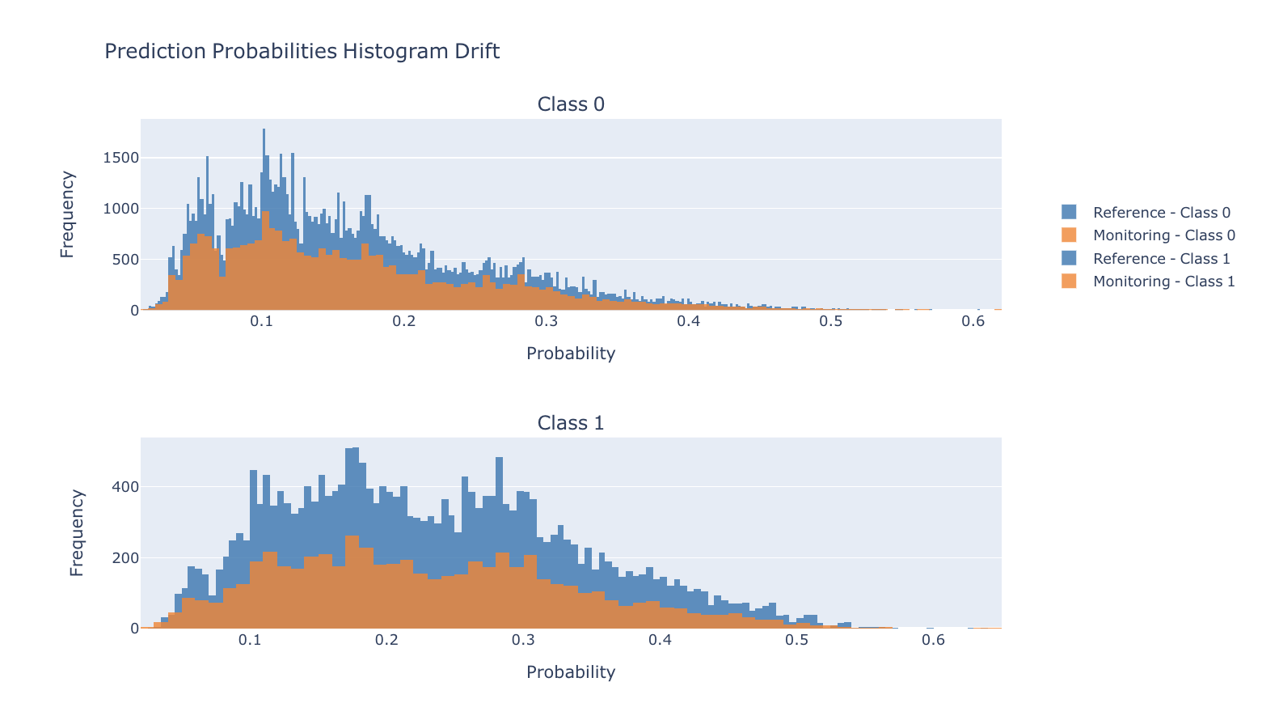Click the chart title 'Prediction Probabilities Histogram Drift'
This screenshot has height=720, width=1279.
pyautogui.click(x=302, y=52)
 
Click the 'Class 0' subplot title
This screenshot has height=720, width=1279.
pyautogui.click(x=571, y=104)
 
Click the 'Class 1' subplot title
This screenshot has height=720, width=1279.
pyautogui.click(x=571, y=423)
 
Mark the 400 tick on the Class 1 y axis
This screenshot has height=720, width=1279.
pyautogui.click(x=125, y=487)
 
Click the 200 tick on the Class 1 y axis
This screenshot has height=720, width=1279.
pyautogui.click(x=125, y=558)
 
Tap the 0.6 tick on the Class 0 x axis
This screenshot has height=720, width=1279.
pyautogui.click(x=973, y=321)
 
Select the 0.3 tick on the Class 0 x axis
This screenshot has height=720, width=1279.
pyautogui.click(x=547, y=321)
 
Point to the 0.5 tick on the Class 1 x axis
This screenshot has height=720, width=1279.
pyautogui.click(x=796, y=640)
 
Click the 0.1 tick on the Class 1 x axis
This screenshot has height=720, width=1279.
pyautogui.click(x=250, y=640)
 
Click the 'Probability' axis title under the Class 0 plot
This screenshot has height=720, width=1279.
pyautogui.click(x=571, y=354)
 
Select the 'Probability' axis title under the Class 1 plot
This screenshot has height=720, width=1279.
pyautogui.click(x=571, y=672)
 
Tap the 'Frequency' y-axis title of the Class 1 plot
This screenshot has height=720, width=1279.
pyautogui.click(x=77, y=532)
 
